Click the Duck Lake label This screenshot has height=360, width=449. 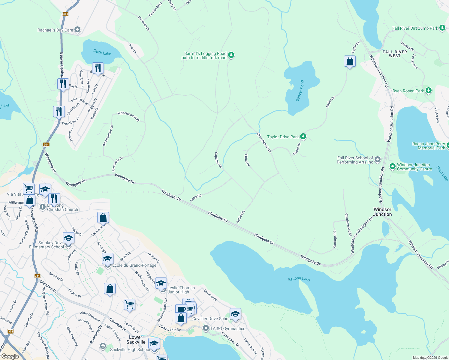click(x=102, y=52)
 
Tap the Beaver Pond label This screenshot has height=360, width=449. click(x=300, y=91)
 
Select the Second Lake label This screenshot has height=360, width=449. click(x=299, y=279)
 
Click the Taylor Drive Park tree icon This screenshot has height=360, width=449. click(x=303, y=137)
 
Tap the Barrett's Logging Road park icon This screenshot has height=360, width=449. click(x=231, y=55)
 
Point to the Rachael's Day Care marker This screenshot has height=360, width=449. click(x=77, y=30)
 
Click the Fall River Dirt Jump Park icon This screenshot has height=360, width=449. click(x=442, y=28)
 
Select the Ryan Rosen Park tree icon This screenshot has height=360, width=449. click(x=429, y=91)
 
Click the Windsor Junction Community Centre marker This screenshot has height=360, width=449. click(x=392, y=166)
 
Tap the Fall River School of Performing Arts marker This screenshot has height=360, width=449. click(x=378, y=160)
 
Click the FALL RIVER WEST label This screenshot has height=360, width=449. click(x=395, y=54)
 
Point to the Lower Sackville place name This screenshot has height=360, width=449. click(x=136, y=340)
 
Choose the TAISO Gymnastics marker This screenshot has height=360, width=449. click(x=206, y=328)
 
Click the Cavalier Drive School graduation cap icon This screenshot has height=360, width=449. click(x=235, y=314)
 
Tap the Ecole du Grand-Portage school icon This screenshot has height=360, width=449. click(x=107, y=259)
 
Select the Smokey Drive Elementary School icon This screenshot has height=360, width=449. click(x=68, y=238)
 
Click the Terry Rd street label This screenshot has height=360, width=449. click(x=196, y=198)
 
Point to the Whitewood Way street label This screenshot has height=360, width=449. click(x=129, y=116)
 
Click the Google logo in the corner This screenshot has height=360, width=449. click(x=10, y=356)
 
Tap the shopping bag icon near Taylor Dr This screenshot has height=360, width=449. click(x=350, y=61)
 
